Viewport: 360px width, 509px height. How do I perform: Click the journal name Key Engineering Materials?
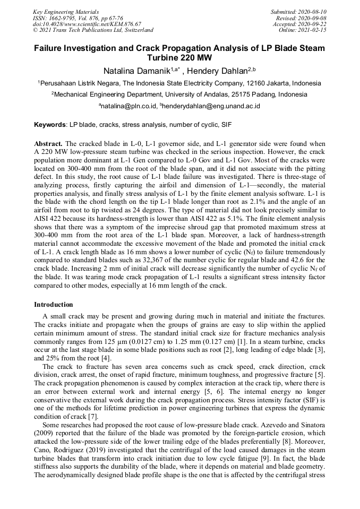click(66, 12)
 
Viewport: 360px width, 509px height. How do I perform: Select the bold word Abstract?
click(48, 144)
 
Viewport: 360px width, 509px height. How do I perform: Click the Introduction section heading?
click(54, 305)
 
